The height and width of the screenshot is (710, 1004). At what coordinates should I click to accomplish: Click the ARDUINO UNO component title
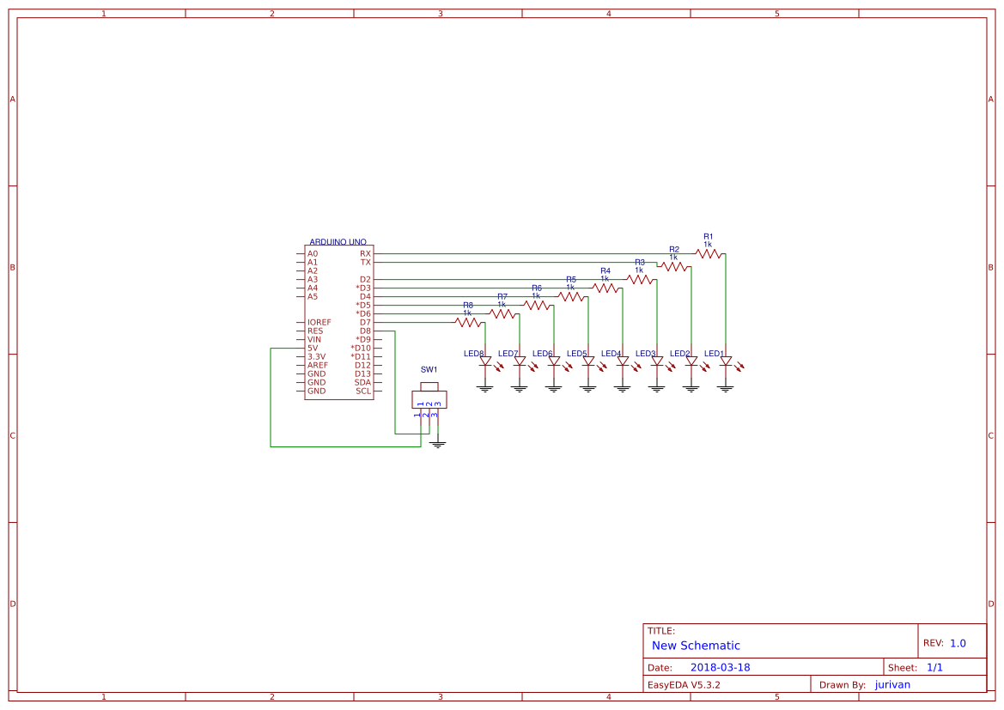338,243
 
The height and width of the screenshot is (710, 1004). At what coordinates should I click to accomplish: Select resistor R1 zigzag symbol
709,253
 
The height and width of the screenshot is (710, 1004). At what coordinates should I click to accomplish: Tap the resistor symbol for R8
468,322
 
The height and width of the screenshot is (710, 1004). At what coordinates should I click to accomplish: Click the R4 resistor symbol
605,288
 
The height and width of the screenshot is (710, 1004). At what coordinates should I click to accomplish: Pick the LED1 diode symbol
726,362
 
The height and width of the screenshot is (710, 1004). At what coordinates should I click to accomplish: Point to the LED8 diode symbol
485,362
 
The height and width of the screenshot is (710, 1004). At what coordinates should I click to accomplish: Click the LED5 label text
576,354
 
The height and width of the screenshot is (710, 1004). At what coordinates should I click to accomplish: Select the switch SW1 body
429,399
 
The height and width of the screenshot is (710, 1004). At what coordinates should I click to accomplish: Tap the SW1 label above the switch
429,369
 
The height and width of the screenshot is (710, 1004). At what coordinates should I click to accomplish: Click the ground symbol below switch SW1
438,445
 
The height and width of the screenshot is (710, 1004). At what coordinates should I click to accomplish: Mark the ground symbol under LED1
726,388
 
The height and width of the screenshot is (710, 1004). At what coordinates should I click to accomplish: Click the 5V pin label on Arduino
313,348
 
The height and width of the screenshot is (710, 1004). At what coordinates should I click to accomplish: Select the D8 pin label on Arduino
365,331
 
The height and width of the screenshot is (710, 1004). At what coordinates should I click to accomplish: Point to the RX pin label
365,253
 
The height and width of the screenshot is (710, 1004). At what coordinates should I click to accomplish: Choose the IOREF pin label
319,322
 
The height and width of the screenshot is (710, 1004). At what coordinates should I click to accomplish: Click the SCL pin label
363,391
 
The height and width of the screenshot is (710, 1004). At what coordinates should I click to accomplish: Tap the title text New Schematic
696,646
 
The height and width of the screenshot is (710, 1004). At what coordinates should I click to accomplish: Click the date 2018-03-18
720,667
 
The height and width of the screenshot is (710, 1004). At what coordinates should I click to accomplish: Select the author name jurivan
892,684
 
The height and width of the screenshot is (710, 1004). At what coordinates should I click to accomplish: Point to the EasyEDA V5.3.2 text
684,684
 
